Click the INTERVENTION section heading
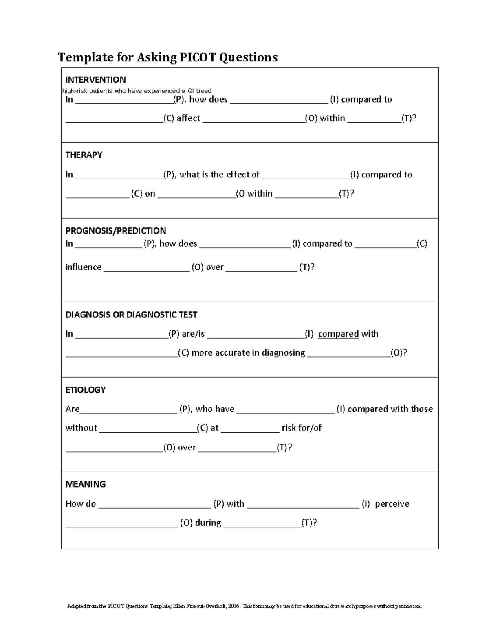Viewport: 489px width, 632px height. (x=95, y=80)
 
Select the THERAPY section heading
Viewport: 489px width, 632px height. (x=84, y=155)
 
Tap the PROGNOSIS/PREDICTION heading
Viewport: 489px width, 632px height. (x=116, y=231)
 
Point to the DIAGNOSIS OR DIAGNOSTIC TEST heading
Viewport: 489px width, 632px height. (x=131, y=315)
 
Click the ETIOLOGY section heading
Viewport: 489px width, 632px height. (x=86, y=390)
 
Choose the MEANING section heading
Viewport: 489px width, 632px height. (x=86, y=484)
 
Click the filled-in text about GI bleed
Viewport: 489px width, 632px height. (x=137, y=91)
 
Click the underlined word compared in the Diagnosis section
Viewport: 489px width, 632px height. (x=338, y=334)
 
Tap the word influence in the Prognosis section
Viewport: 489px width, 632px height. (x=83, y=267)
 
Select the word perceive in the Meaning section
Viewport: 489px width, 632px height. (x=392, y=504)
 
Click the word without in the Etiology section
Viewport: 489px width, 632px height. (x=81, y=428)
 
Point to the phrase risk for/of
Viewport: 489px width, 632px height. (x=302, y=428)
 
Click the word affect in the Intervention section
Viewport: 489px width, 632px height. (x=188, y=118)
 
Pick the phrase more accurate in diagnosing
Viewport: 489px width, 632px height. (x=248, y=353)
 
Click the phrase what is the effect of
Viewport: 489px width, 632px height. (x=219, y=175)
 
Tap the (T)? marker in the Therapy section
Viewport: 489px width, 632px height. (x=346, y=194)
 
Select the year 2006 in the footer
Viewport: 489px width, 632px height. (x=234, y=606)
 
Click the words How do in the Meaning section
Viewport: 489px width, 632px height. (x=80, y=504)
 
